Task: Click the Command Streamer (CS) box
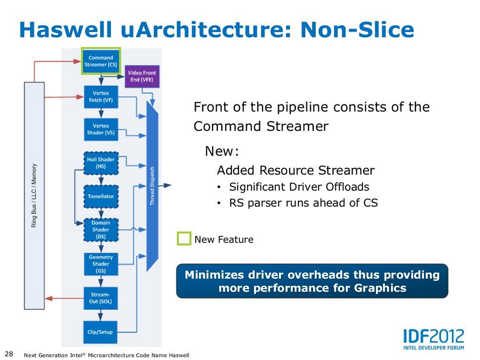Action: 101,61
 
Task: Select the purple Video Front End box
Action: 142,77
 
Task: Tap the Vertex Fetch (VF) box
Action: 101,97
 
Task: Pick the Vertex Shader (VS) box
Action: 101,129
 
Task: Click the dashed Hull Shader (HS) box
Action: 101,163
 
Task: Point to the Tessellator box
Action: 101,196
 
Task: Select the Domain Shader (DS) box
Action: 101,230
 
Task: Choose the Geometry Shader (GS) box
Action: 101,264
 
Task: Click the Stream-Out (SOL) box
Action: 101,298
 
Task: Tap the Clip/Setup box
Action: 100,332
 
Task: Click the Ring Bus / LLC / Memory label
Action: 34,196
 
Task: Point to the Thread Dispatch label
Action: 152,186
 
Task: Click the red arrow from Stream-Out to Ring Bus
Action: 64,298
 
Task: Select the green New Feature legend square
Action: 184,238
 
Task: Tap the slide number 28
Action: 9,354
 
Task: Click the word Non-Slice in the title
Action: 357,30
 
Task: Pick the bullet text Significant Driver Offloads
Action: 299,187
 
